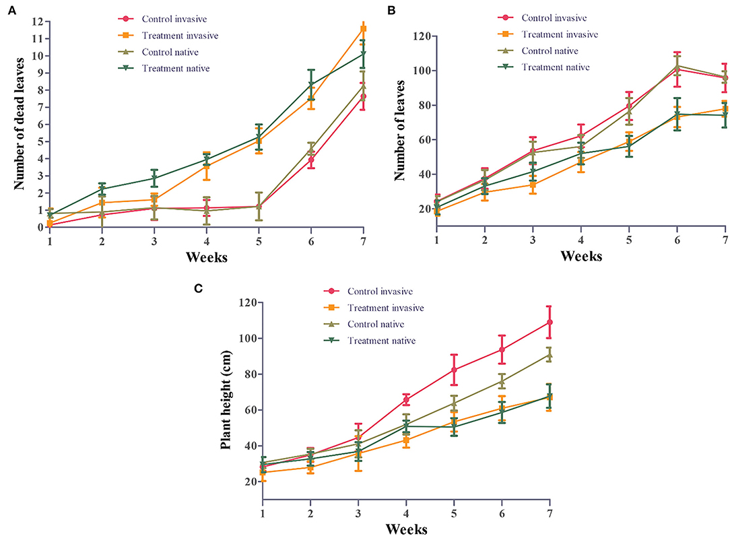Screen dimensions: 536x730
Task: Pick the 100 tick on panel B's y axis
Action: click(418, 71)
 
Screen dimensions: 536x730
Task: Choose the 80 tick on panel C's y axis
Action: click(249, 374)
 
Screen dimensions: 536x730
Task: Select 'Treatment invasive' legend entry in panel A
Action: click(180, 35)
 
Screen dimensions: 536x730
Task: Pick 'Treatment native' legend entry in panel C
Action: click(381, 341)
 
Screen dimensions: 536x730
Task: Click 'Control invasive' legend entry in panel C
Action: click(380, 292)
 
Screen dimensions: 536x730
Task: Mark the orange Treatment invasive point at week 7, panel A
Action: click(363, 29)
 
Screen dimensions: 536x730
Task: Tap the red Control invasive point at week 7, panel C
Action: click(550, 323)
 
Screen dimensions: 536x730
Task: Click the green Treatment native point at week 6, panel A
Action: click(311, 85)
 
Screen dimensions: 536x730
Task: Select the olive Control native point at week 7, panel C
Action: click(550, 354)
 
